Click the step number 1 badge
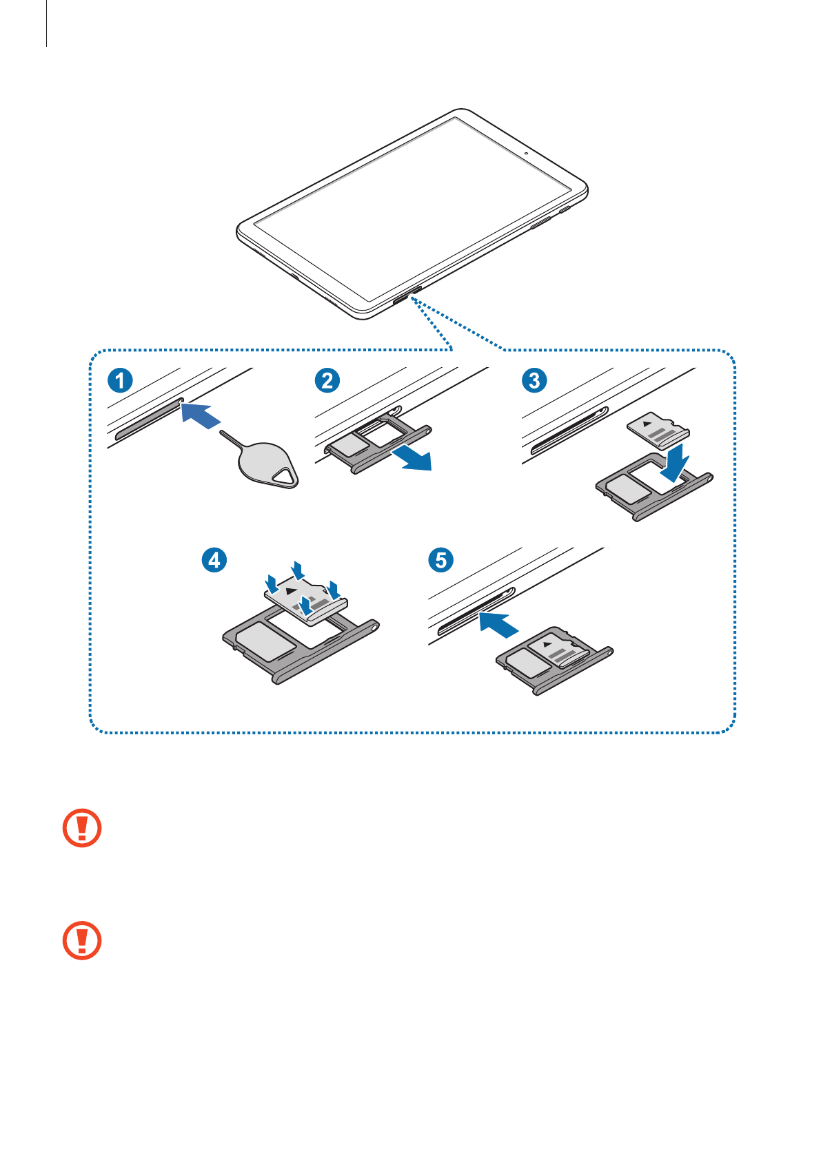(120, 380)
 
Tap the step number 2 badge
(327, 380)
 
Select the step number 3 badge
(534, 380)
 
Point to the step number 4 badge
(214, 559)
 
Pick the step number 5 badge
(441, 559)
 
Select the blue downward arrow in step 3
(674, 464)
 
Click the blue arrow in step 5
(498, 624)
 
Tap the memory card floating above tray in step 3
(658, 430)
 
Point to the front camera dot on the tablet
(525, 154)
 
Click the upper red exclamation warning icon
(82, 827)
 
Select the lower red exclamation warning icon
(82, 940)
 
